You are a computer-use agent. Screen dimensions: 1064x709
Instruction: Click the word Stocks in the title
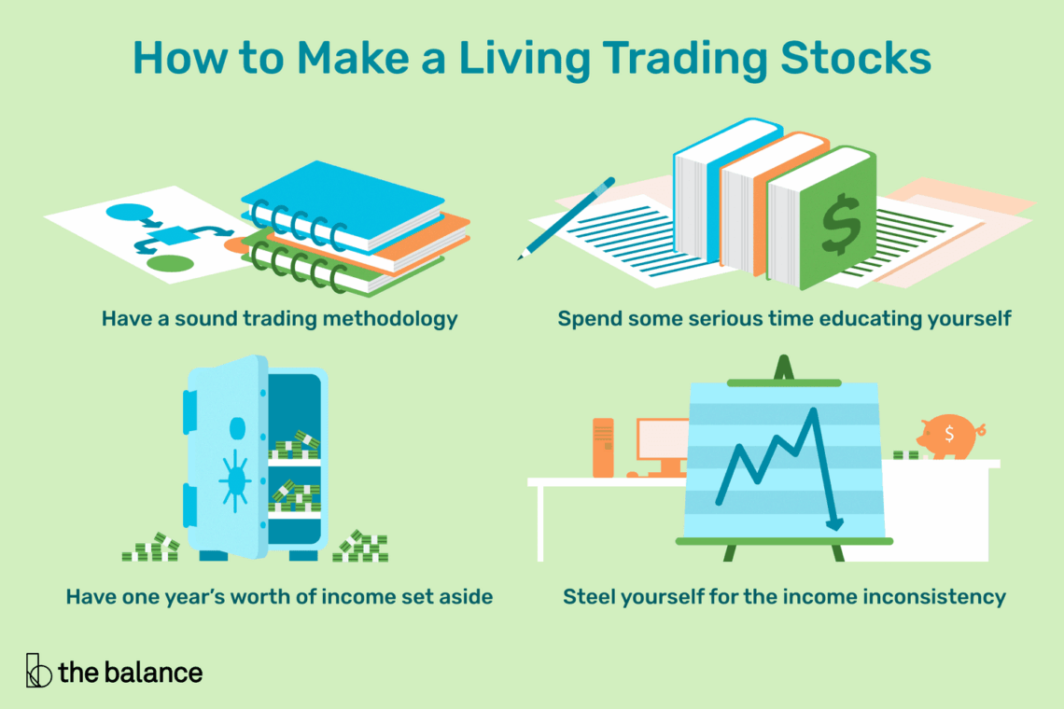[x=856, y=58]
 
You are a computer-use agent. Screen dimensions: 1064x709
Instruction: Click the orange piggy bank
[x=950, y=437]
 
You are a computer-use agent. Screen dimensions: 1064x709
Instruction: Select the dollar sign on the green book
[x=841, y=223]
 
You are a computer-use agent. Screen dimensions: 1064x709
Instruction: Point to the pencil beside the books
[x=566, y=218]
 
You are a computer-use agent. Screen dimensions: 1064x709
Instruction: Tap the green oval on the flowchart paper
[x=170, y=263]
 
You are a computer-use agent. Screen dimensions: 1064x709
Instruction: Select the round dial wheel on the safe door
[x=235, y=480]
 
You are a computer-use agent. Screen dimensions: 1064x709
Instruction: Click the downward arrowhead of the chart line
[x=834, y=523]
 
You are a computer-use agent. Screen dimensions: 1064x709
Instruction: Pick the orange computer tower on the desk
[x=603, y=447]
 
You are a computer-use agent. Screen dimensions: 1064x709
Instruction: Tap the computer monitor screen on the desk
[x=663, y=439]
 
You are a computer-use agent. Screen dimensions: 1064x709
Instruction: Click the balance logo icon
[x=38, y=671]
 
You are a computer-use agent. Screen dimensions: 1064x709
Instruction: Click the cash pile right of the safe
[x=360, y=546]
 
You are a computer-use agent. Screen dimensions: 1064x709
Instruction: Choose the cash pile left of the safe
[x=150, y=548]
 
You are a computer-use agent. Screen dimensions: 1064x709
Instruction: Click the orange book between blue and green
[x=774, y=203]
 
